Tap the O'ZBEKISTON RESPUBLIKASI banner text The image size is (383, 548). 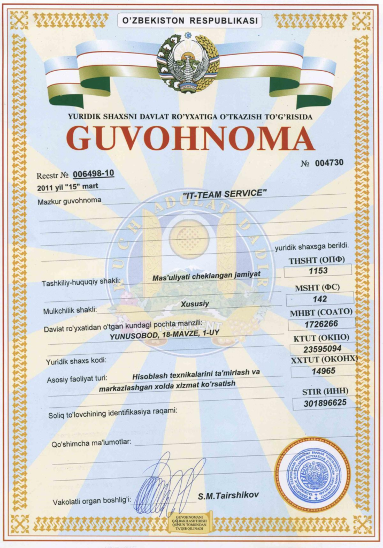click(190, 21)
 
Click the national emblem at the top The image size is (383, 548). click(188, 63)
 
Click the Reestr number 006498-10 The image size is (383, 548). click(93, 174)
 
